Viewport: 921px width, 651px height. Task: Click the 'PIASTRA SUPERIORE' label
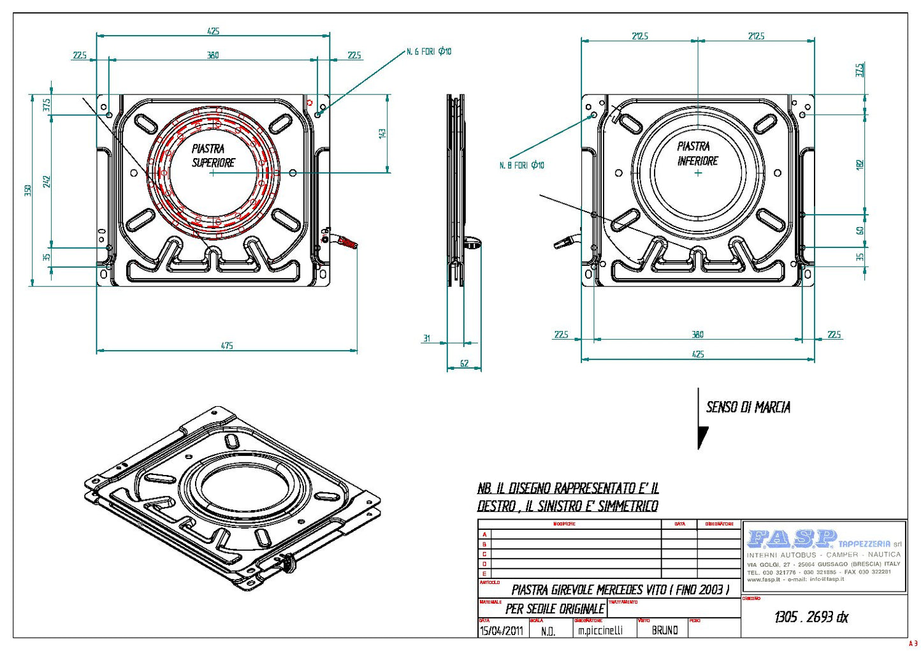[213, 156]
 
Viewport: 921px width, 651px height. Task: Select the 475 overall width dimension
[227, 346]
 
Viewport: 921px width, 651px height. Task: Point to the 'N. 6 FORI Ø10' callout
[429, 52]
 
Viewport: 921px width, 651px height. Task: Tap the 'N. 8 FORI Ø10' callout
[521, 165]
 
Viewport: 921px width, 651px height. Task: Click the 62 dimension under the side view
[464, 363]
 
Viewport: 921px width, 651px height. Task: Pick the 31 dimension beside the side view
[426, 339]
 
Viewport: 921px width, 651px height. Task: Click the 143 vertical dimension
[382, 133]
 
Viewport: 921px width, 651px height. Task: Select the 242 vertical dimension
[47, 181]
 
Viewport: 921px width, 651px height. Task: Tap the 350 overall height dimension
[28, 190]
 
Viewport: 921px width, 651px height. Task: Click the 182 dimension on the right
[860, 164]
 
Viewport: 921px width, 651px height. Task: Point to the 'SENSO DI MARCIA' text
[748, 407]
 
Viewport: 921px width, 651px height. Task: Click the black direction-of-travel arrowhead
[702, 437]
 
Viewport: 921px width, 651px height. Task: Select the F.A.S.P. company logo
[792, 539]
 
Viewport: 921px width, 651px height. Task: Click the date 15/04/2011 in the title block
[501, 631]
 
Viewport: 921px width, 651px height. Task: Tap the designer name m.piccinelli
[600, 631]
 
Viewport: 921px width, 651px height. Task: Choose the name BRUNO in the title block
[665, 630]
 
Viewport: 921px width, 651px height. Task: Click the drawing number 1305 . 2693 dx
[811, 617]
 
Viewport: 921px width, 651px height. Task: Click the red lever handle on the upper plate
[346, 242]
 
